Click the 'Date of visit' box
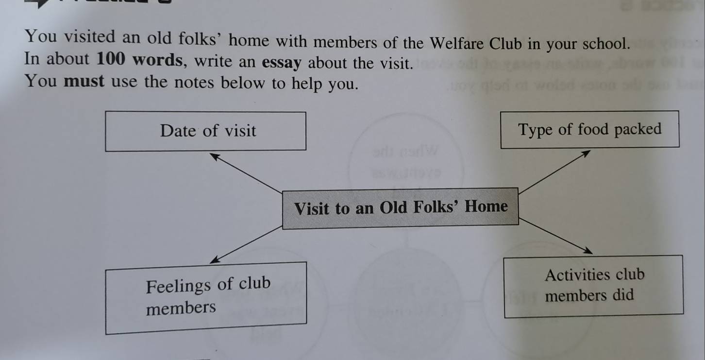206,131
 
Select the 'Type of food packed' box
589,129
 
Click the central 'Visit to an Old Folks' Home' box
401,208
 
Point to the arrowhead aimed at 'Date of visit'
214,155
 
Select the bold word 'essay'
282,63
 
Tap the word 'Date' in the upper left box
178,131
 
